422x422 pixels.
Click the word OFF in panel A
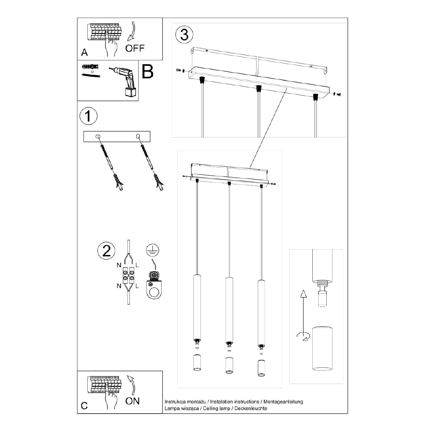[x=135, y=48]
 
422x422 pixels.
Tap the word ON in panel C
[x=133, y=401]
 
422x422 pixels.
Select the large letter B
[x=147, y=72]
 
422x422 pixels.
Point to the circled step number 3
[x=184, y=35]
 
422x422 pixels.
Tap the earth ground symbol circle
[x=151, y=250]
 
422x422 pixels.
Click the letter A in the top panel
[x=84, y=53]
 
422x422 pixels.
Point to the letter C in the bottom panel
[x=84, y=406]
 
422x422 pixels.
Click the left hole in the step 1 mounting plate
[x=98, y=136]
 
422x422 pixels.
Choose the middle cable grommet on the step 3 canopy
[x=258, y=88]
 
